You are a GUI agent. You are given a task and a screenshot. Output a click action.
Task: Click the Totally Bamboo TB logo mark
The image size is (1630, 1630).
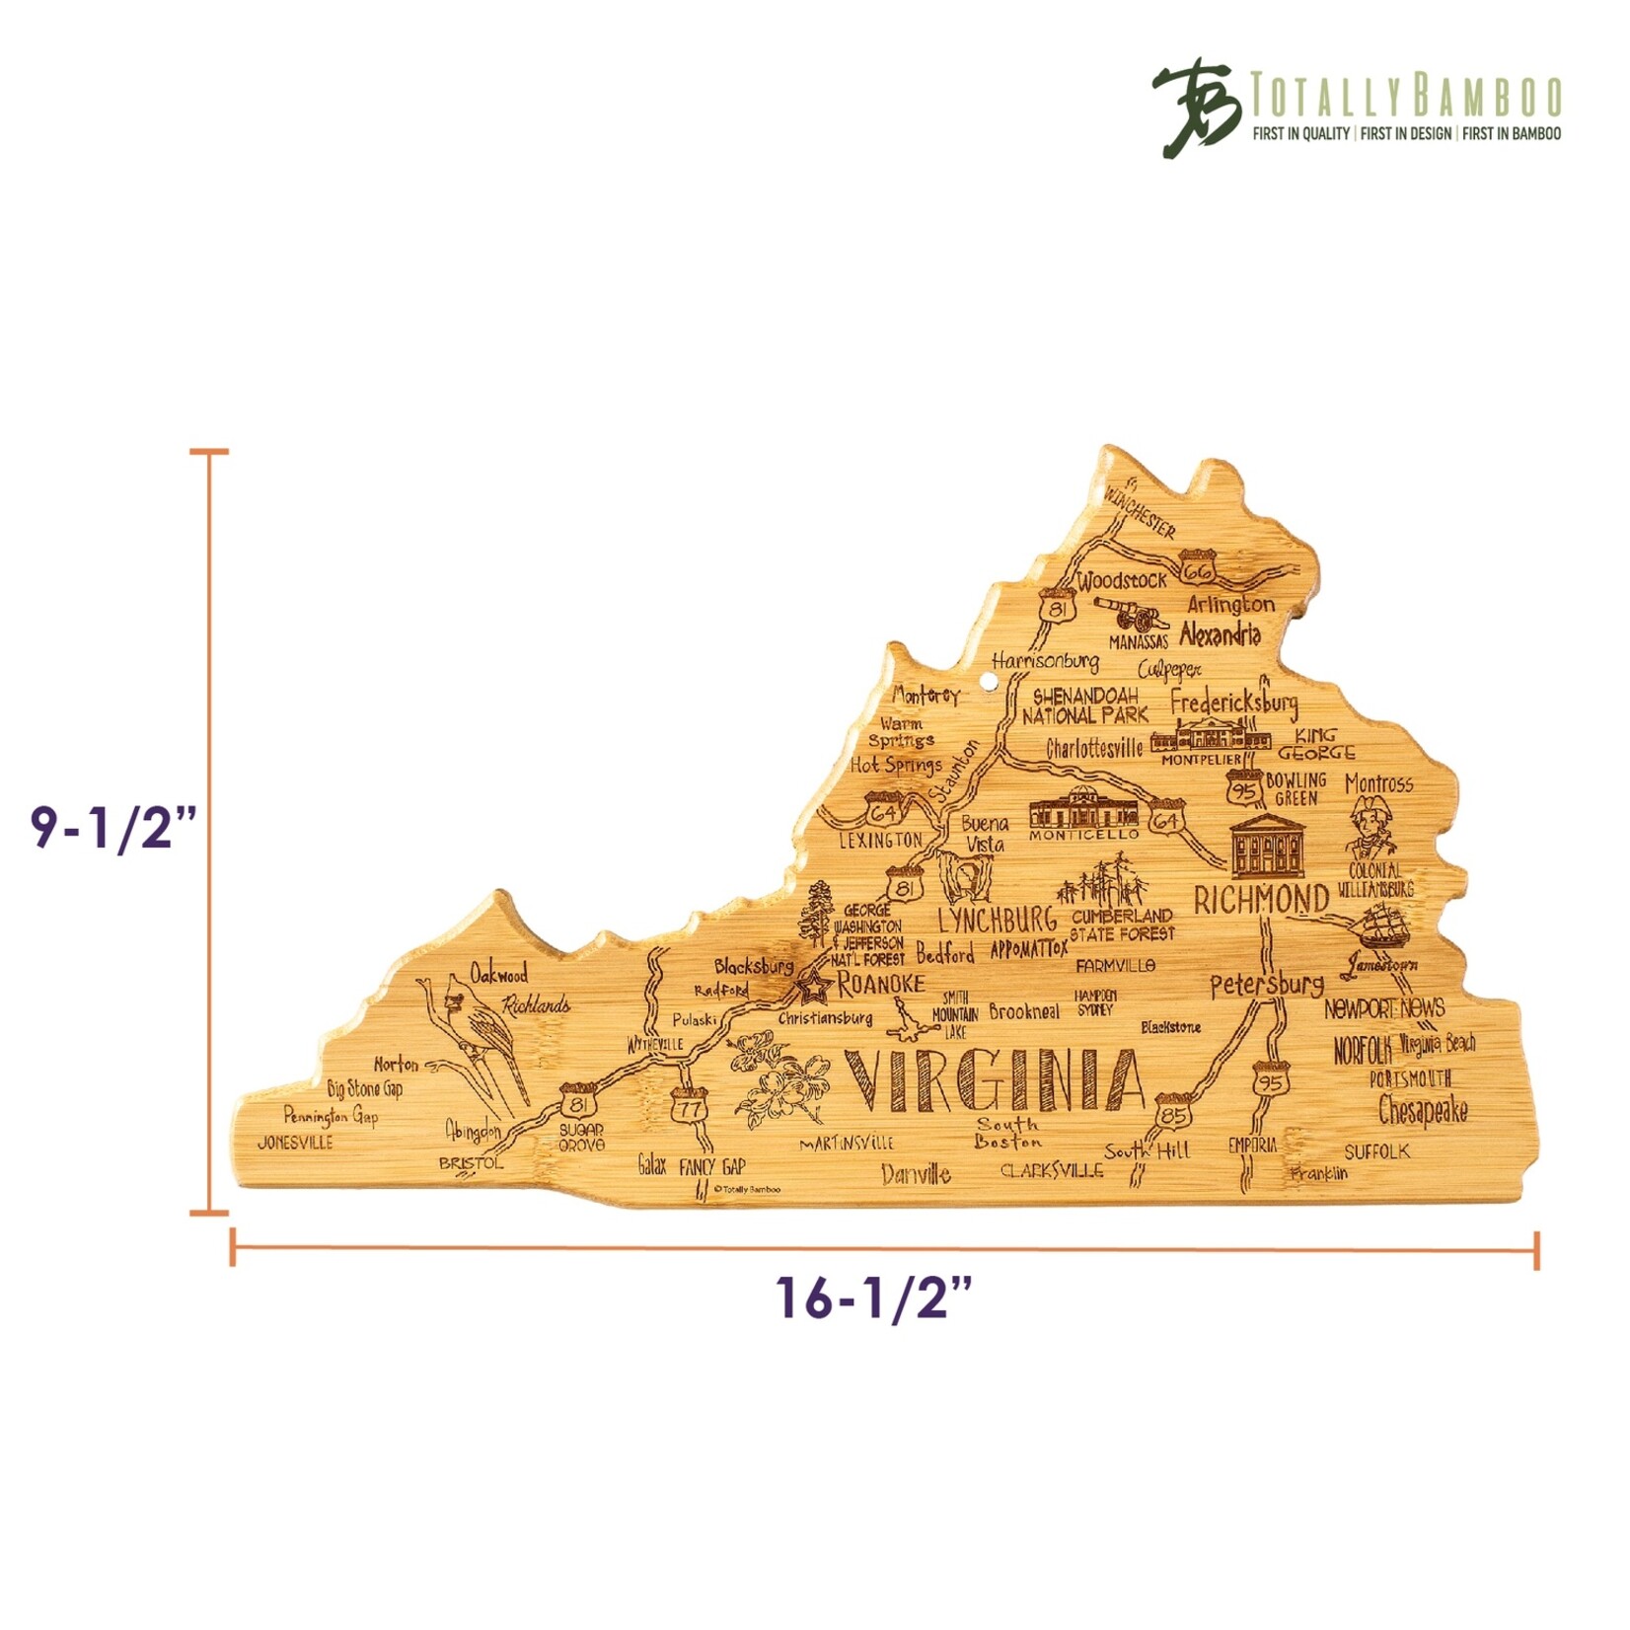click(x=1197, y=107)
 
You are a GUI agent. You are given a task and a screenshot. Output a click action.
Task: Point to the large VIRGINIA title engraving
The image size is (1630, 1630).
click(x=994, y=1080)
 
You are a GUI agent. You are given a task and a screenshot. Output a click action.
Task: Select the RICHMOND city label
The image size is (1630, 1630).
click(x=1261, y=900)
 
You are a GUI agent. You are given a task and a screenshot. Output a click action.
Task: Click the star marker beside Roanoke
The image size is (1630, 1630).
click(x=815, y=984)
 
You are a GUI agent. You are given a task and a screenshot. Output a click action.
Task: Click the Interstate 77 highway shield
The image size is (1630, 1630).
click(x=689, y=1106)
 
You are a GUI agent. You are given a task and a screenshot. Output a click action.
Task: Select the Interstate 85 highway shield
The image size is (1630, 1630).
click(x=1173, y=1112)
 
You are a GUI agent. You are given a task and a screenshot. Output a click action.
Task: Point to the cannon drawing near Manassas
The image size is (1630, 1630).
click(x=1133, y=615)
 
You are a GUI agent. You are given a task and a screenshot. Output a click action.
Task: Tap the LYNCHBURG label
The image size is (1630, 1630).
click(x=996, y=920)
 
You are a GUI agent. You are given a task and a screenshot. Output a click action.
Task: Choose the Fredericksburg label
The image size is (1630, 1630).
click(x=1234, y=704)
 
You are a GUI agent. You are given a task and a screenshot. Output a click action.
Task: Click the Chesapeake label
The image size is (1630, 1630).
click(x=1422, y=1111)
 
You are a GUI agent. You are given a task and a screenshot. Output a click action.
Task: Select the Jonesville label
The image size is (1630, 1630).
click(x=295, y=1144)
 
